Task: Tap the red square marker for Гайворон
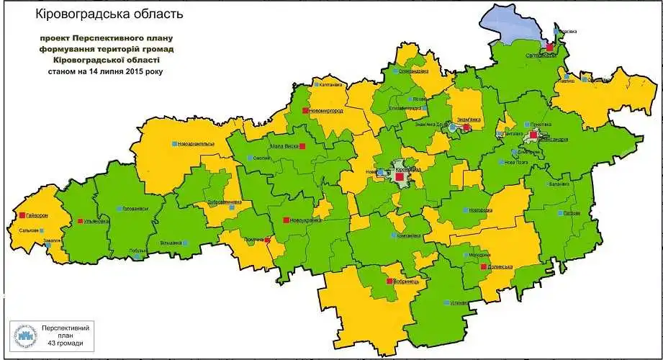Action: [x=23, y=215]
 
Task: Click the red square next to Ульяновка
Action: [x=80, y=221]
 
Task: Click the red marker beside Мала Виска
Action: [x=302, y=146]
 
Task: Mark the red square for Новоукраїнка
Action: [x=286, y=220]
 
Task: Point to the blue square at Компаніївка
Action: [x=392, y=235]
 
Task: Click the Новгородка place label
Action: [x=481, y=210]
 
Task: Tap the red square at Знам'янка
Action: [x=466, y=127]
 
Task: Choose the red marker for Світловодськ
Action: [x=549, y=47]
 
